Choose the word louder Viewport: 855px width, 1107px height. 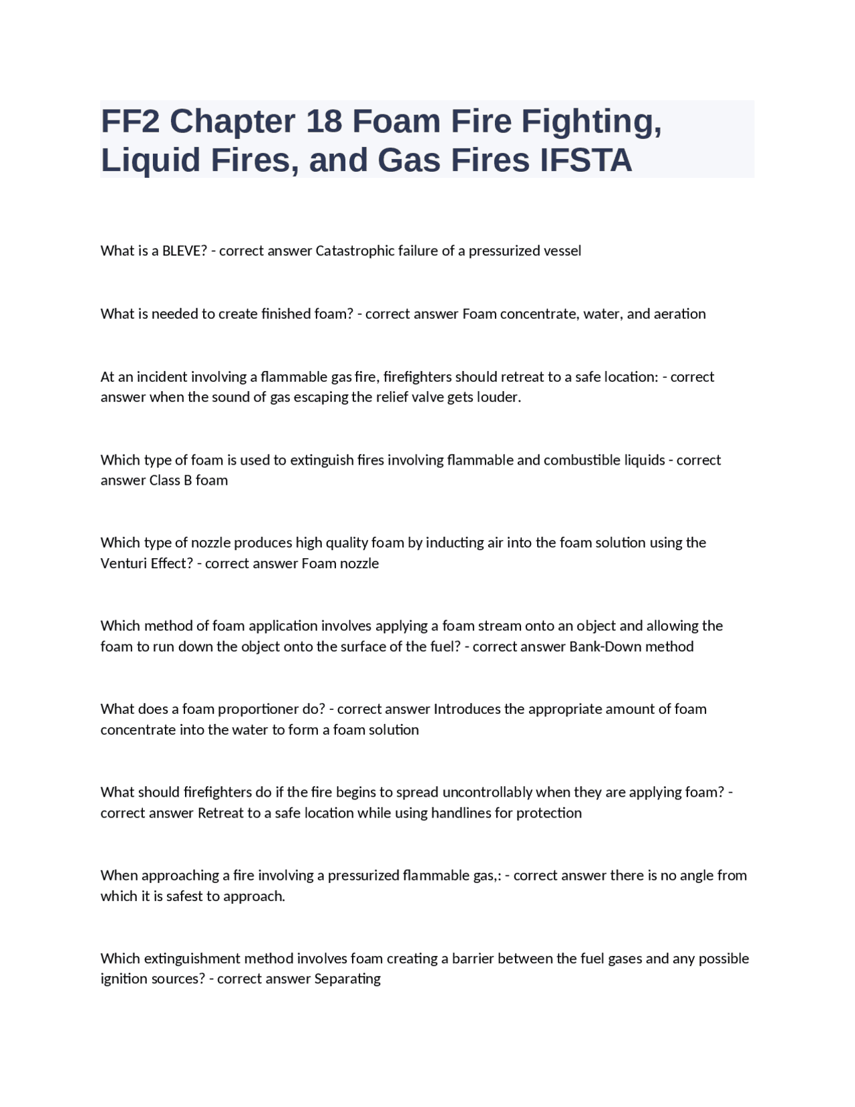click(x=498, y=397)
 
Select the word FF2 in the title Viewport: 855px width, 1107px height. click(x=130, y=121)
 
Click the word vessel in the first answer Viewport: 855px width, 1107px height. click(x=562, y=251)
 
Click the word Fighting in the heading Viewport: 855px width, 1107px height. click(x=591, y=121)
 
